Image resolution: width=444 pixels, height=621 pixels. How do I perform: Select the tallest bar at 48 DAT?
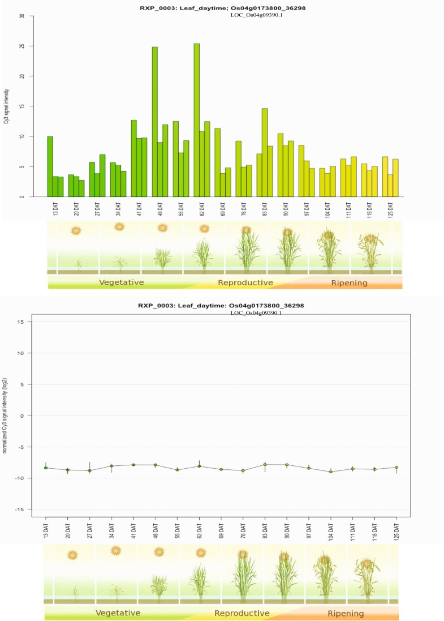point(154,122)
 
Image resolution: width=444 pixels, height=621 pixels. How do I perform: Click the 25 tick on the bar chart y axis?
point(22,46)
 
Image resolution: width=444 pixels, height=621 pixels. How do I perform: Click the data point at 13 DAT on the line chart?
point(46,468)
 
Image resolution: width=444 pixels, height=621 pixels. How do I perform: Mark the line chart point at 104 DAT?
point(331,472)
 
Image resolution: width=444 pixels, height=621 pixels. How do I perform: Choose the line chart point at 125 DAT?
point(396,468)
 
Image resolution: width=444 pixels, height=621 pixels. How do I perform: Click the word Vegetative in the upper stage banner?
point(121,282)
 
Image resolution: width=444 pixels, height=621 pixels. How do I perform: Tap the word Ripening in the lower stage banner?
point(346,614)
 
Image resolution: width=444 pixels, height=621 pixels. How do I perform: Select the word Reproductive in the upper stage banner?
point(245,282)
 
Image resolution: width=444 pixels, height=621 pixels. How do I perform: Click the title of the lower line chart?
point(221,306)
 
